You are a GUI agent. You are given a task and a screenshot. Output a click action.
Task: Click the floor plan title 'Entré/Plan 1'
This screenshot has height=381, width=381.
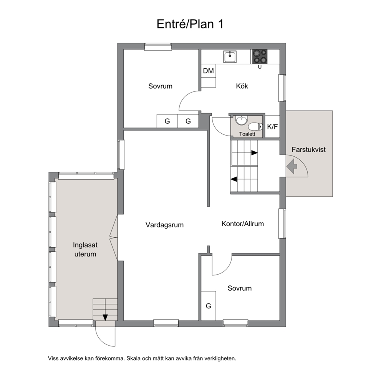click(190, 24)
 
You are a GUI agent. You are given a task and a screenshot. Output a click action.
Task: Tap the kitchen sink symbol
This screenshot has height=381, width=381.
click(230, 57)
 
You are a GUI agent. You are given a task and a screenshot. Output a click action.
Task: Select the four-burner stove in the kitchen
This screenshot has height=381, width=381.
click(260, 56)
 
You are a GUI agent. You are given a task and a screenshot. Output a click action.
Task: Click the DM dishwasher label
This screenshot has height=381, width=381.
click(209, 71)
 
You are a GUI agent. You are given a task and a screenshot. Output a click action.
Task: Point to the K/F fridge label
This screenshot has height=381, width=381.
click(272, 127)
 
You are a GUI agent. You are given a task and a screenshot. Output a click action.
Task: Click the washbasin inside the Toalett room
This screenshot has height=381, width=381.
click(241, 121)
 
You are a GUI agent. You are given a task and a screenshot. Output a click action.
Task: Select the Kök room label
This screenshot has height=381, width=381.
click(242, 86)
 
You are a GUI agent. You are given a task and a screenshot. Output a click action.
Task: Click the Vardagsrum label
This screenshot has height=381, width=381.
click(164, 225)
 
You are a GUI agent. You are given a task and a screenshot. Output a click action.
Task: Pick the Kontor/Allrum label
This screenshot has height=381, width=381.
click(242, 224)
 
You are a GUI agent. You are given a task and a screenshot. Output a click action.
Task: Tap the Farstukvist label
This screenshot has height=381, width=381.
click(308, 149)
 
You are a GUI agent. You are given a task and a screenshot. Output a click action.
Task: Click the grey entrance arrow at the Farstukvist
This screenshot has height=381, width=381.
click(292, 166)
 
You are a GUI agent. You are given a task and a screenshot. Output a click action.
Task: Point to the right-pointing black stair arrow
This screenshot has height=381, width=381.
click(254, 153)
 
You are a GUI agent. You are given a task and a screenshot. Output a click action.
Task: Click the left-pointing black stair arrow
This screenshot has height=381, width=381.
click(234, 179)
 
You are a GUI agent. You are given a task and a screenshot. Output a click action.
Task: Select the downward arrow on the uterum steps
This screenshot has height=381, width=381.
click(105, 317)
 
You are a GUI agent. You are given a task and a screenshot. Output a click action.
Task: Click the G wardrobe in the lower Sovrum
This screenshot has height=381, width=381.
click(209, 306)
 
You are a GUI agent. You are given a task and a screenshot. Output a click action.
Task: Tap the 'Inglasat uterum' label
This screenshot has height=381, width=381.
click(85, 250)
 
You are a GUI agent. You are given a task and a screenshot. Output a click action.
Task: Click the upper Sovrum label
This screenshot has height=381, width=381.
click(161, 86)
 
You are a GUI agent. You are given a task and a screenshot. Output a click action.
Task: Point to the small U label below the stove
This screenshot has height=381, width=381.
click(260, 67)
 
